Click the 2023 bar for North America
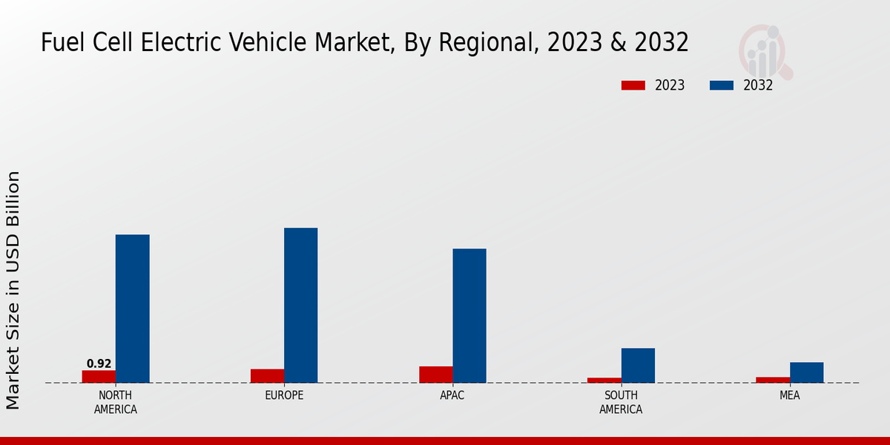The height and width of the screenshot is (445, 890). click(x=99, y=376)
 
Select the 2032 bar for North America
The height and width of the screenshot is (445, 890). click(x=132, y=309)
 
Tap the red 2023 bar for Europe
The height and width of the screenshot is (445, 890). click(x=267, y=375)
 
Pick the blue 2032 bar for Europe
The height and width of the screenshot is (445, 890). click(x=300, y=305)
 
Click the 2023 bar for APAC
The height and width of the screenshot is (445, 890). click(x=435, y=375)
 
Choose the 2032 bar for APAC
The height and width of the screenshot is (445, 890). click(x=469, y=315)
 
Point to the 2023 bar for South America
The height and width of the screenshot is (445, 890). click(x=604, y=380)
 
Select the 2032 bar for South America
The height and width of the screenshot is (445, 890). click(x=638, y=365)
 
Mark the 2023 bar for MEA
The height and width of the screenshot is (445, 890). click(x=773, y=380)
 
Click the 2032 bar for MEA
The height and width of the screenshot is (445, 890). click(x=806, y=372)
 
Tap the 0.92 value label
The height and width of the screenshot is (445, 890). click(x=99, y=363)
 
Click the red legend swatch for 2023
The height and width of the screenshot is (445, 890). click(x=633, y=85)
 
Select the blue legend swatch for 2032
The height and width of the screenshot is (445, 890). click(x=721, y=85)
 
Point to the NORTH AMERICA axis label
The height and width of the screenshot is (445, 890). click(x=115, y=402)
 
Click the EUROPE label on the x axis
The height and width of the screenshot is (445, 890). click(x=284, y=395)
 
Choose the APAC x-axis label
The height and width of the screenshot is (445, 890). click(x=452, y=395)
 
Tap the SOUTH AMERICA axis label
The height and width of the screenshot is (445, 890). click(x=621, y=402)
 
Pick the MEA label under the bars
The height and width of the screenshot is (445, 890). click(x=789, y=395)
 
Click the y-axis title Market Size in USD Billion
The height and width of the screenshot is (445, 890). click(x=13, y=289)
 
